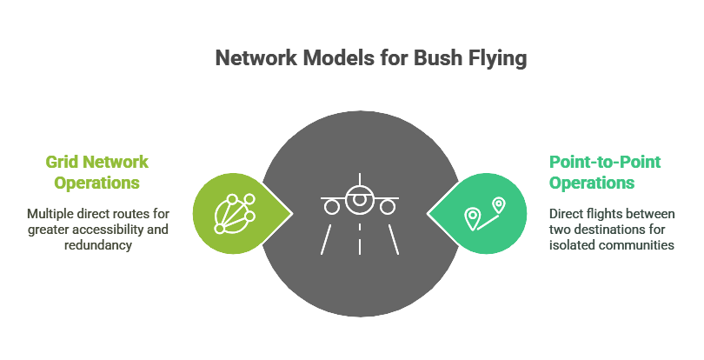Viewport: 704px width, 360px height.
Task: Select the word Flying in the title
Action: click(x=467, y=59)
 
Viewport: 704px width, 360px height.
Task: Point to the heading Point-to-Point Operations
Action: click(x=605, y=172)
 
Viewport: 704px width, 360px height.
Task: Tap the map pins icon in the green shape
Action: click(x=484, y=214)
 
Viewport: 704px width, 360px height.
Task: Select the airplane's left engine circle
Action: click(x=331, y=207)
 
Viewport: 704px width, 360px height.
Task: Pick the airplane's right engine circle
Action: click(x=388, y=207)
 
